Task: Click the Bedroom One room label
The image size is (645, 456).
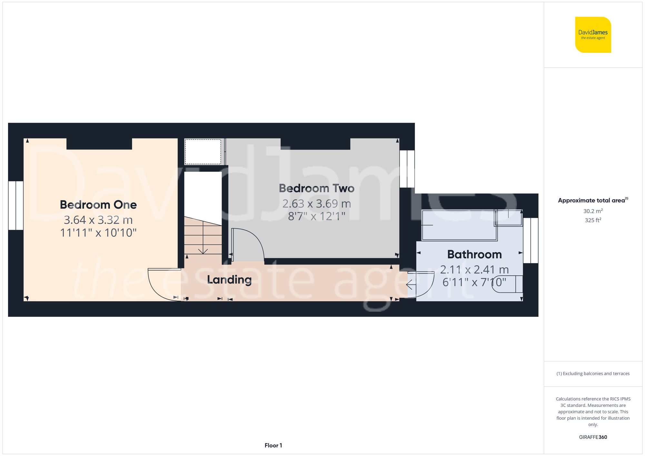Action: click(x=98, y=205)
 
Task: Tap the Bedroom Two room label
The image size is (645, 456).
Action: click(x=316, y=188)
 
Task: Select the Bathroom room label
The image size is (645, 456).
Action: click(x=474, y=254)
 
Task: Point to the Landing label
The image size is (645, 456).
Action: click(x=229, y=279)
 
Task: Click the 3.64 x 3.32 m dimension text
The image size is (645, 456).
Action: click(x=98, y=220)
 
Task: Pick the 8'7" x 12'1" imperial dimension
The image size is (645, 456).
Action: click(x=316, y=216)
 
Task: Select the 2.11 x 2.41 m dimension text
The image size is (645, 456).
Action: click(x=474, y=269)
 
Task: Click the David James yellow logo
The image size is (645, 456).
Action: click(x=593, y=35)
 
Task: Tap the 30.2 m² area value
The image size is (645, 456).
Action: click(x=593, y=211)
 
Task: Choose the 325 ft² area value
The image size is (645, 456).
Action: click(x=593, y=220)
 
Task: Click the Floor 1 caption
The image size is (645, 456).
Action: click(x=273, y=445)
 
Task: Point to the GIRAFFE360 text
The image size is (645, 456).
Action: click(x=593, y=437)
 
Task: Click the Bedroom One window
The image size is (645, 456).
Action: click(x=16, y=205)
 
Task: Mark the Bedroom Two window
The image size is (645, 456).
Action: click(x=407, y=169)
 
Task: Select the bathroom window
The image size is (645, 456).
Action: click(x=531, y=240)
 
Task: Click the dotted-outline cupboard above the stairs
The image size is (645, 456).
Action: click(x=203, y=151)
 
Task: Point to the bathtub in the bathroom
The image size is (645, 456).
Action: click(x=459, y=225)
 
